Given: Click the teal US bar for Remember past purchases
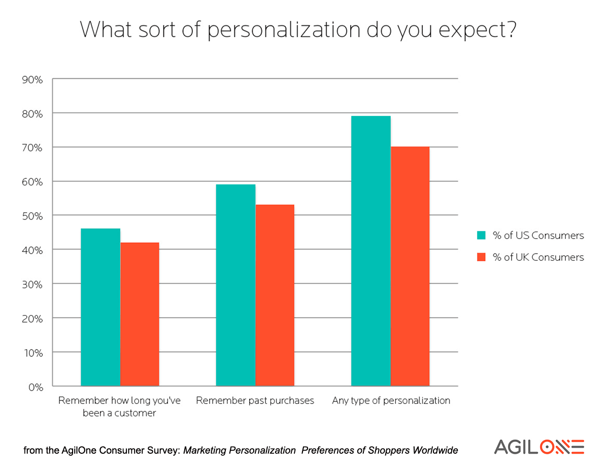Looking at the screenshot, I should tap(235, 285).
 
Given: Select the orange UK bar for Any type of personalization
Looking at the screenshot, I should tap(410, 266).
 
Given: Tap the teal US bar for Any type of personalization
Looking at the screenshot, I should tap(371, 251).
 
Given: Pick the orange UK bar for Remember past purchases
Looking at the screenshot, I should tap(275, 295).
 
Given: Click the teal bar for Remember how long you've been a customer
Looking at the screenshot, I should tap(100, 307).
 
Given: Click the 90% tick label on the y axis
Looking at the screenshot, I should tap(32, 79).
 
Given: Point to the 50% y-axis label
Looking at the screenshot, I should tap(32, 216).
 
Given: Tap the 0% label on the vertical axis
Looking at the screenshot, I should tap(35, 387).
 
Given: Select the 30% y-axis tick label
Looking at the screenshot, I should tap(32, 284).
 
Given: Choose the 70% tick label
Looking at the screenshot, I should tap(32, 147).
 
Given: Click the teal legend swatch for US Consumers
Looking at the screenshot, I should tap(482, 235).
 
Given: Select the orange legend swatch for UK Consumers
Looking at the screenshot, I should tap(482, 257).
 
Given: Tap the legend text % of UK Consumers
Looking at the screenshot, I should tap(538, 257).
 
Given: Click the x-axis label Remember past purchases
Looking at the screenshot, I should tap(255, 400).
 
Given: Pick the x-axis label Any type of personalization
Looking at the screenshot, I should tap(391, 400).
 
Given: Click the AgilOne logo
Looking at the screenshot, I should tap(539, 446).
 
